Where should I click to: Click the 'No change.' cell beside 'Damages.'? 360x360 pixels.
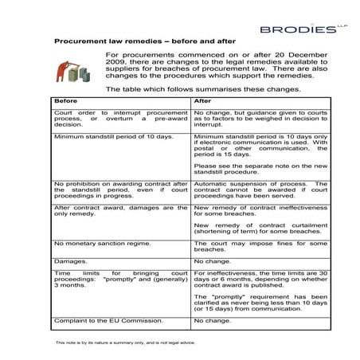(213, 261)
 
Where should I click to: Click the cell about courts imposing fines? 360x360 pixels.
(260, 246)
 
